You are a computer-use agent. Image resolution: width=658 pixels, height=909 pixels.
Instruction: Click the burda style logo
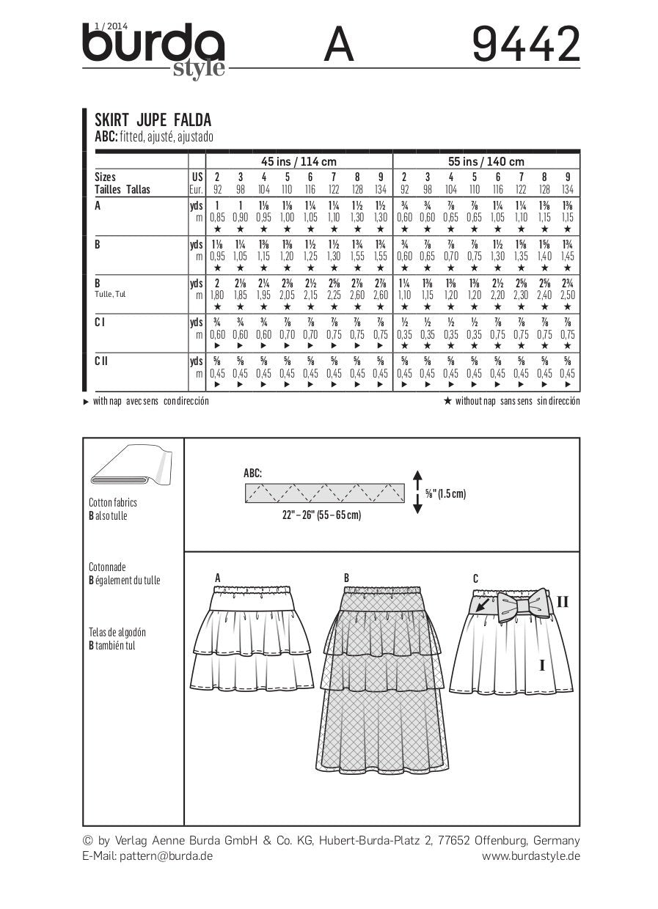[153, 50]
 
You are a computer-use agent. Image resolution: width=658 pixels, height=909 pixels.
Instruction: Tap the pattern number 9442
[525, 45]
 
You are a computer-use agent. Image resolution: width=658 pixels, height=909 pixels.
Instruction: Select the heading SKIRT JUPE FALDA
[153, 120]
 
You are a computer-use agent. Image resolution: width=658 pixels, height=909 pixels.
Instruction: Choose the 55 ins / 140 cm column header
[486, 161]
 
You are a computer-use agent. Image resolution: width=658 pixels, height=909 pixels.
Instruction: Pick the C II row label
[102, 360]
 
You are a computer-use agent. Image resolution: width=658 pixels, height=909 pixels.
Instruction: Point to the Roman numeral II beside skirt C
[563, 603]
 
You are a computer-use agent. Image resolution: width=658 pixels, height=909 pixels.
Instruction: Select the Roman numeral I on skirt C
[541, 666]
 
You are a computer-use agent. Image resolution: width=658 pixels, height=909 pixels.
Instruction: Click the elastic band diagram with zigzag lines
[323, 493]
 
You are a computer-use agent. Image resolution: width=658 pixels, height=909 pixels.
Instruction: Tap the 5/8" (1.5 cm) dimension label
[445, 494]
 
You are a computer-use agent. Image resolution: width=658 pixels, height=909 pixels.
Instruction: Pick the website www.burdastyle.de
[530, 855]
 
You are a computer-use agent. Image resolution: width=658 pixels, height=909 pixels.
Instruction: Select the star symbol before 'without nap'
[447, 400]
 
